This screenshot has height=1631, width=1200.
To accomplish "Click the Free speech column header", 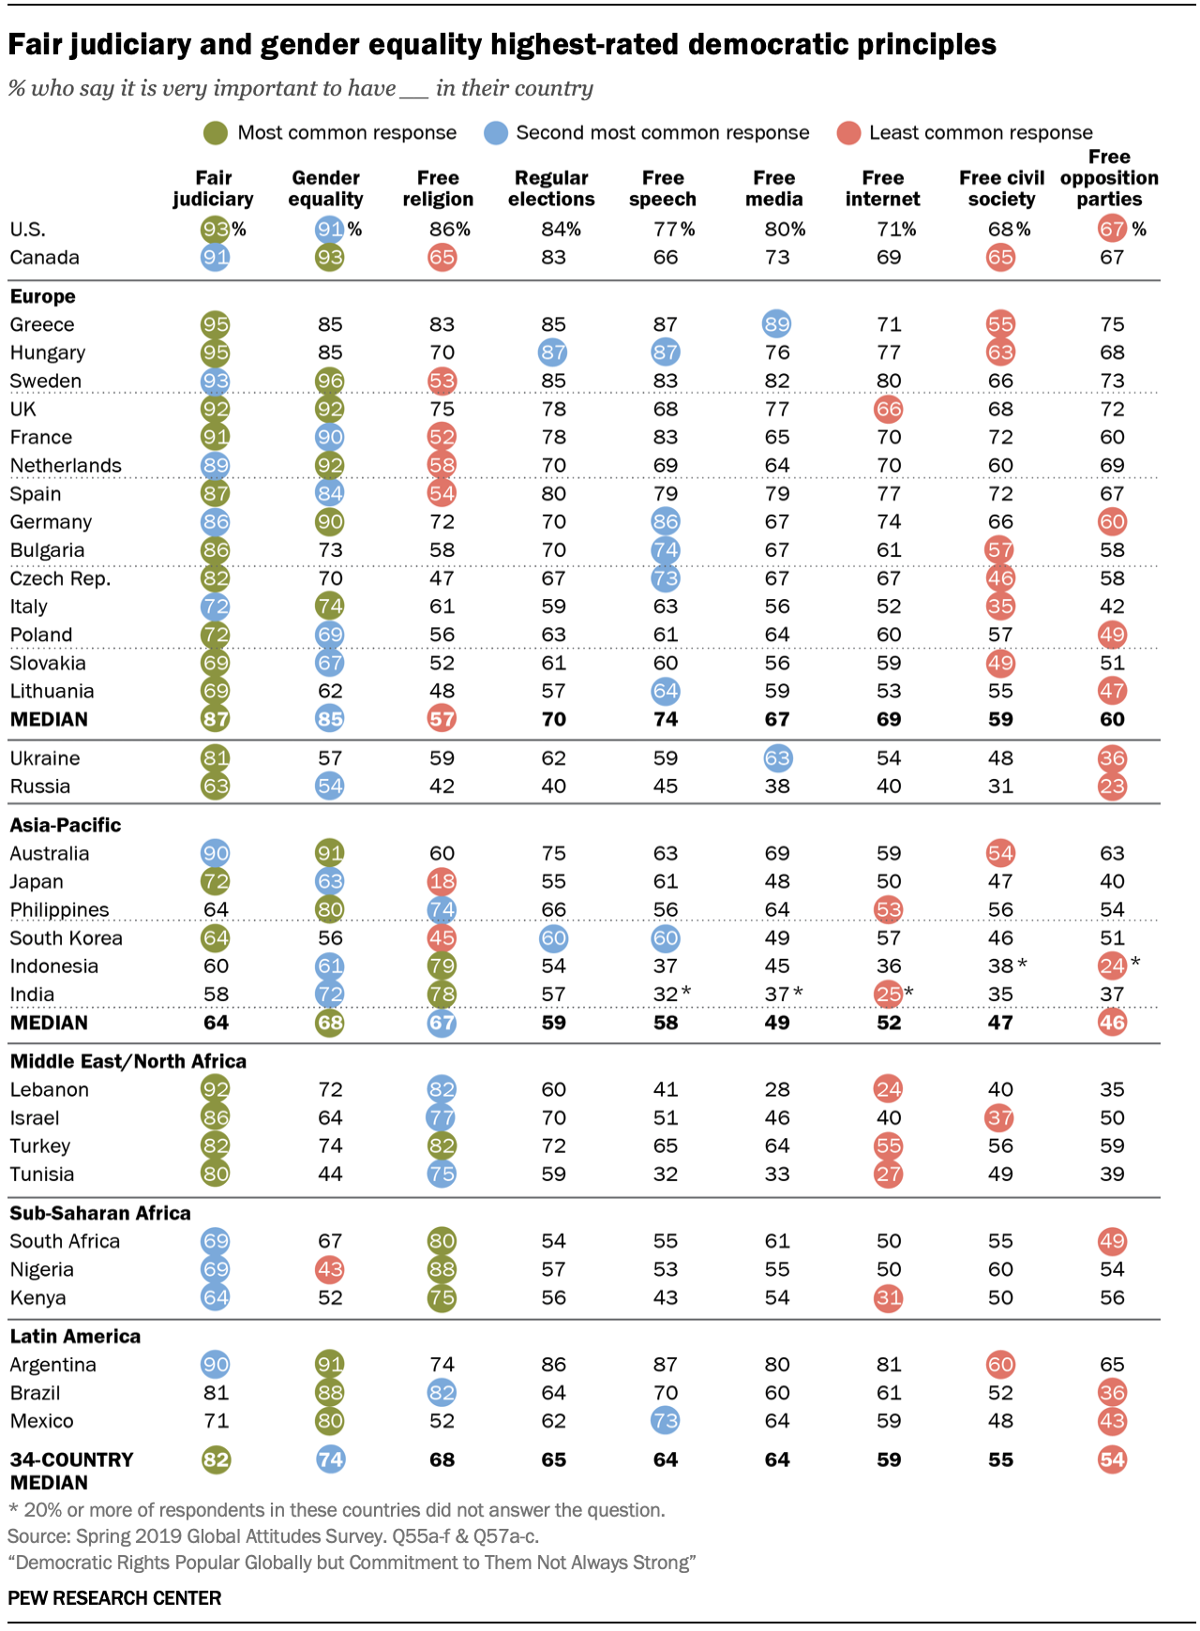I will coord(663,188).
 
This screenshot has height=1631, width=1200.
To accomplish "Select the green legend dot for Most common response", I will coord(216,133).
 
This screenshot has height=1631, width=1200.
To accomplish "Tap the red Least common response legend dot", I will coord(848,133).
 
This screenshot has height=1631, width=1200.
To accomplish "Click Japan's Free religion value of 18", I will coord(442,881).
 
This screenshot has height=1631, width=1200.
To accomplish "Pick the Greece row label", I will coord(42,324).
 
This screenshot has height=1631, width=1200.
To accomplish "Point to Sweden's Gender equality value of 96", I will coord(330,381).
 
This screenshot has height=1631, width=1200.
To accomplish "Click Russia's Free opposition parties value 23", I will coord(1112,786).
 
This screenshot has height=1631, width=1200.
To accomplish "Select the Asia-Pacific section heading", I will coord(66,825).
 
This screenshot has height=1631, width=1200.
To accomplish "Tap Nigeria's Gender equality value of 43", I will coord(330,1269).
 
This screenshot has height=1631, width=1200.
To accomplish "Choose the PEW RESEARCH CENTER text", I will coord(114,1598).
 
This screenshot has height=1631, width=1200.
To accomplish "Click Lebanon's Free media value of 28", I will coord(777,1089).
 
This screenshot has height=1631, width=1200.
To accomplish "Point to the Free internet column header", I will coord(882,188).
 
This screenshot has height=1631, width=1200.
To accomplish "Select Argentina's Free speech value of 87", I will coord(666,1365).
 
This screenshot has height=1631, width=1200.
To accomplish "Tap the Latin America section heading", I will coord(75,1337).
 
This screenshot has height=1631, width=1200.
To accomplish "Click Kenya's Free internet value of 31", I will coord(888,1297).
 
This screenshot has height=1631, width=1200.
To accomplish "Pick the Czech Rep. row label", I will coord(60,578).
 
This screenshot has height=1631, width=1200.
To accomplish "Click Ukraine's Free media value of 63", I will coord(777,758).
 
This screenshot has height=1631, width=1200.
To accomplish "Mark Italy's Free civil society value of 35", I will coord(1000,606).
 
